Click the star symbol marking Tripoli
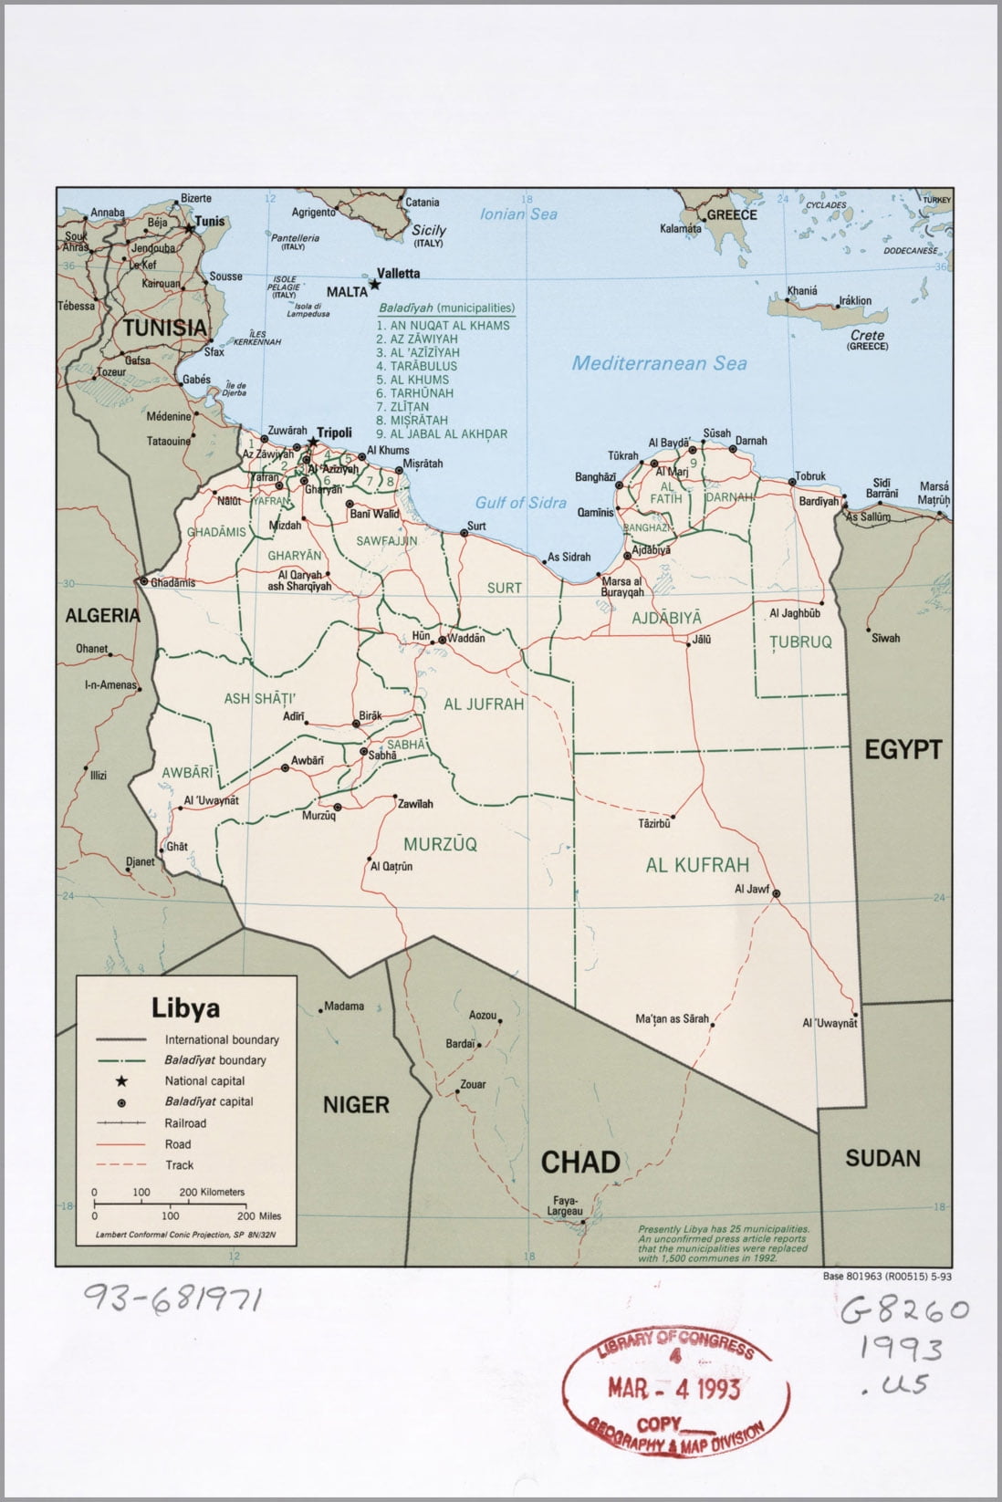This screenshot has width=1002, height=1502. click(x=313, y=443)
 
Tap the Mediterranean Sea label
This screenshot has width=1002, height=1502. click(x=659, y=363)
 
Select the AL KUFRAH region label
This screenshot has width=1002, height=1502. click(x=697, y=865)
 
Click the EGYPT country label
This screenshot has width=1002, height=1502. click(x=903, y=750)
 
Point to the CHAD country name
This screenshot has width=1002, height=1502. click(x=580, y=1162)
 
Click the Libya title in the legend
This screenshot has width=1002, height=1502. click(x=185, y=1008)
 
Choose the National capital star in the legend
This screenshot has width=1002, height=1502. click(x=120, y=1081)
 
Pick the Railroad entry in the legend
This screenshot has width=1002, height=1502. click(x=185, y=1123)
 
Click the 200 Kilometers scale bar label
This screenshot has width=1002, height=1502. click(x=212, y=1192)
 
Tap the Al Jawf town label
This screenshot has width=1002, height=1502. click(x=752, y=889)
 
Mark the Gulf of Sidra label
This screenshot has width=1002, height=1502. click(x=520, y=503)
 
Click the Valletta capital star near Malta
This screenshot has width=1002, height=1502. click(x=374, y=285)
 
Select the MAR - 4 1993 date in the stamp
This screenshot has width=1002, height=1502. click(x=674, y=1389)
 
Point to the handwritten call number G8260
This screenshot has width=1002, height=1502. click(x=903, y=1311)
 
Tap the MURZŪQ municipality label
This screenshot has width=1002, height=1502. click(x=440, y=845)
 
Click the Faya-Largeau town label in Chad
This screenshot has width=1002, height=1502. click(x=566, y=1205)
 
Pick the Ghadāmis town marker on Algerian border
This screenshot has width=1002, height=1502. click(x=143, y=580)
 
